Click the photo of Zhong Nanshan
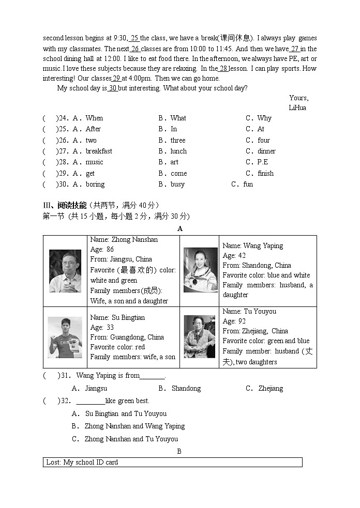point(65,271)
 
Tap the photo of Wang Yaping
point(200,270)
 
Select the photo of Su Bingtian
point(65,337)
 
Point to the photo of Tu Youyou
point(200,336)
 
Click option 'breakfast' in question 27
point(99,151)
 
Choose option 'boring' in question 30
point(95,184)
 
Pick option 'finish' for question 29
point(266,174)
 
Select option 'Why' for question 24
point(264,118)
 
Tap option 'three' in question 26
point(178,141)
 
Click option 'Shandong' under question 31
point(186,389)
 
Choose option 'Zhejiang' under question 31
point(271,389)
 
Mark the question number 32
point(65,401)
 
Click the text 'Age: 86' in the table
point(102,250)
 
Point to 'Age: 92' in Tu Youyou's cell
point(234,321)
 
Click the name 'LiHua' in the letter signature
point(297,108)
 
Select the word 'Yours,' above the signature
point(299,98)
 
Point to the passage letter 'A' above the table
point(180,229)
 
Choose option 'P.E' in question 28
point(263,162)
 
